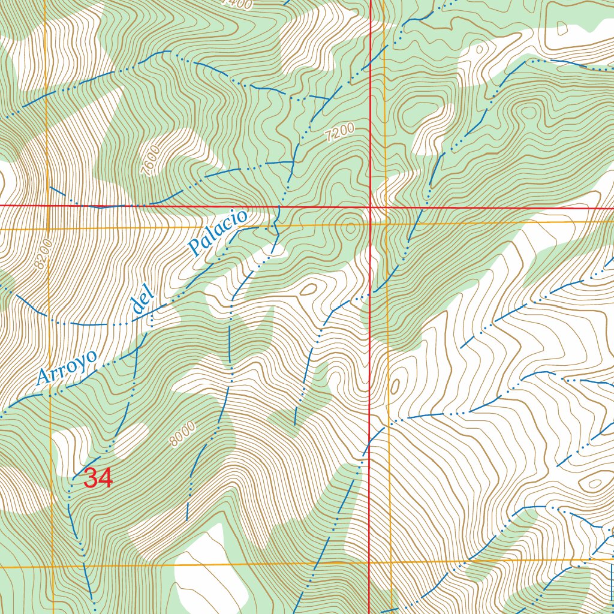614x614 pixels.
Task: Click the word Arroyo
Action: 67,367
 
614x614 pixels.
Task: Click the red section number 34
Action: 98,478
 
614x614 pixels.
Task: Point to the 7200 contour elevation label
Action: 341,133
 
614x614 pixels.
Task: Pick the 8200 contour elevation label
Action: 43,255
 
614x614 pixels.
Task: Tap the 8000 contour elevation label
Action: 182,434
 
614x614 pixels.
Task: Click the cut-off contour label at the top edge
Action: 237,4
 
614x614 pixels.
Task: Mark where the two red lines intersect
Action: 371,207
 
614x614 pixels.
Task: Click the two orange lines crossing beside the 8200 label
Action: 47,229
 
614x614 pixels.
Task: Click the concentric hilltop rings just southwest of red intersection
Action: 349,227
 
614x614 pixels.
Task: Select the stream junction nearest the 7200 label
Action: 294,161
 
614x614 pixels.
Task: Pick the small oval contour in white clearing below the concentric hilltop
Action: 309,290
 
